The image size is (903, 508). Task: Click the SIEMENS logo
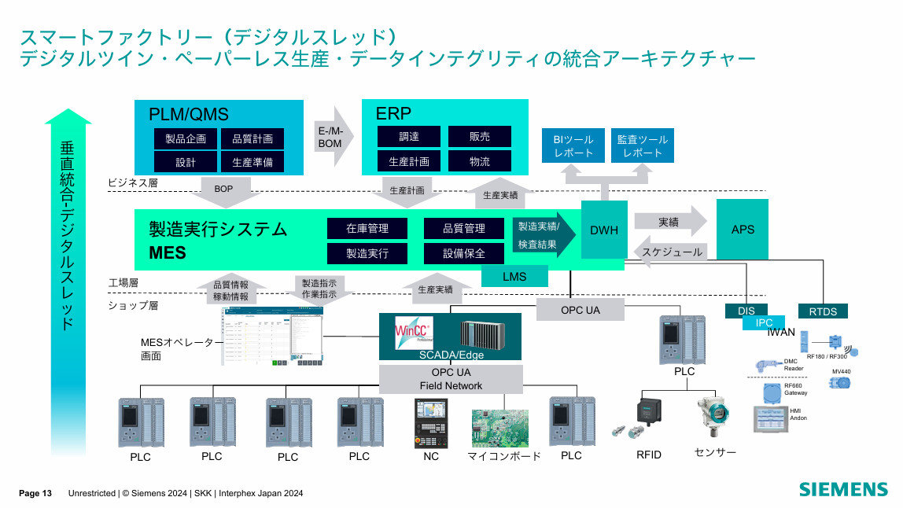click(x=843, y=489)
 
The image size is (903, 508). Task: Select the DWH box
click(x=603, y=230)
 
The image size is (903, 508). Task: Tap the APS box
click(x=742, y=230)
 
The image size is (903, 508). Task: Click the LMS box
click(x=514, y=277)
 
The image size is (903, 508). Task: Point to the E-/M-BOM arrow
click(x=331, y=136)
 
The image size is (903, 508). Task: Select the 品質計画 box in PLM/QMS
click(x=252, y=138)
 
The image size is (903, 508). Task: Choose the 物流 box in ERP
click(x=479, y=161)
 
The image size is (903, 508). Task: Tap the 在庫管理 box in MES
click(x=367, y=229)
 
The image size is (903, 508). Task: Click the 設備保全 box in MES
click(x=463, y=253)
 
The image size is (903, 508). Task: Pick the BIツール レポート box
click(x=573, y=145)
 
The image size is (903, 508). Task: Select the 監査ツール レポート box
click(x=642, y=145)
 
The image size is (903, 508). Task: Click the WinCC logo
click(x=411, y=330)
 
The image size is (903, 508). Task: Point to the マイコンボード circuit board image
click(x=499, y=427)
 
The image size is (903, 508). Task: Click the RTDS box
click(x=823, y=311)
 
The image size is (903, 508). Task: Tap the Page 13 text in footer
click(x=35, y=493)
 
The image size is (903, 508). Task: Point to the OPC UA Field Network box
click(x=451, y=378)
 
